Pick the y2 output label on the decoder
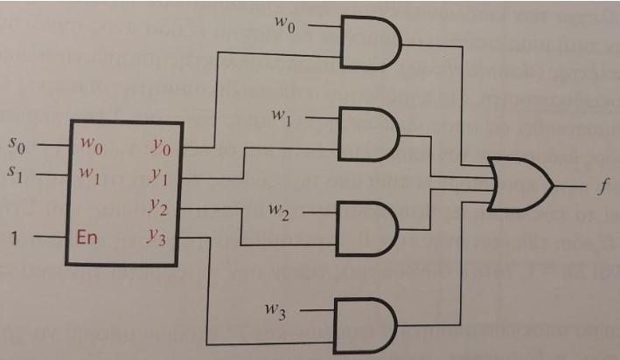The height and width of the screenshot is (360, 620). (x=160, y=207)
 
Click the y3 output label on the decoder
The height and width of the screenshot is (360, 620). (x=160, y=238)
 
